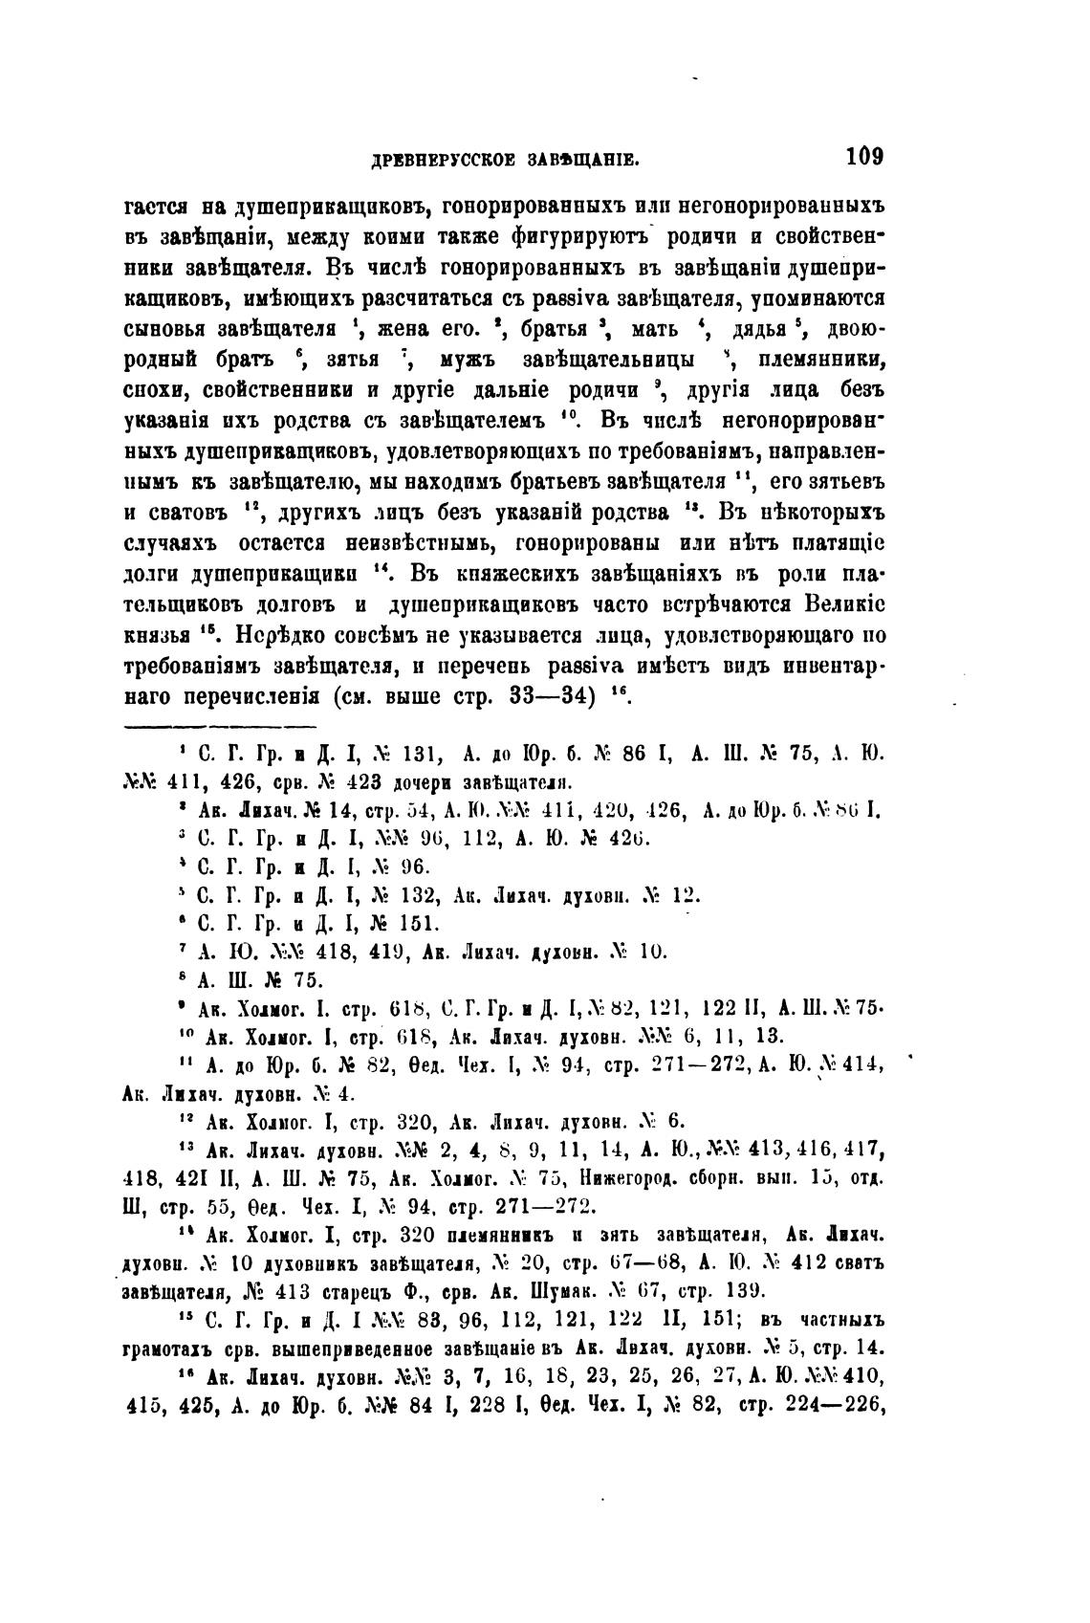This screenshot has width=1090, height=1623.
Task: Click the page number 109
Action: (x=863, y=156)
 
